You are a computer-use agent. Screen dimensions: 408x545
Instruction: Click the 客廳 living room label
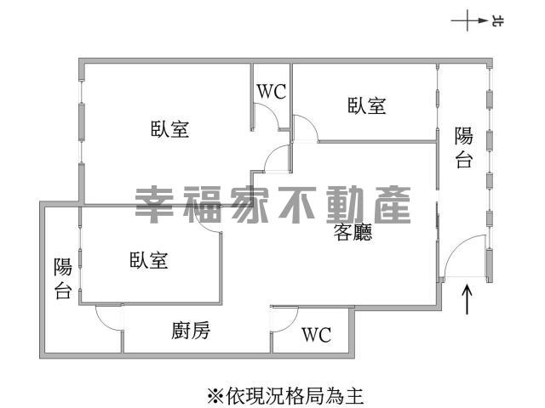[x=352, y=235]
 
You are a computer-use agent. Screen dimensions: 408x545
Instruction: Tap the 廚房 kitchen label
[x=191, y=331]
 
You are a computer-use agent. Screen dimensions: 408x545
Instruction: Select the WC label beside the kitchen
[x=316, y=335]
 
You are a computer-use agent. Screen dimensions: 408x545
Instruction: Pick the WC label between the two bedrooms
[x=272, y=93]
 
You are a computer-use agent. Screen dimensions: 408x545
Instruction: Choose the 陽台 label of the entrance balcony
[x=463, y=147]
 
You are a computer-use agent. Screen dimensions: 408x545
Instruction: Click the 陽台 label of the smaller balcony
[x=62, y=279]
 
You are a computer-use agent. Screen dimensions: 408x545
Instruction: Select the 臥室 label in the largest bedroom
[x=169, y=130]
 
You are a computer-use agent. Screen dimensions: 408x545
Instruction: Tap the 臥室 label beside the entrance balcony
[x=367, y=106]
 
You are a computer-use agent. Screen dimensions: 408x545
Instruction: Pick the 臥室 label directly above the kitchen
[x=148, y=260]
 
